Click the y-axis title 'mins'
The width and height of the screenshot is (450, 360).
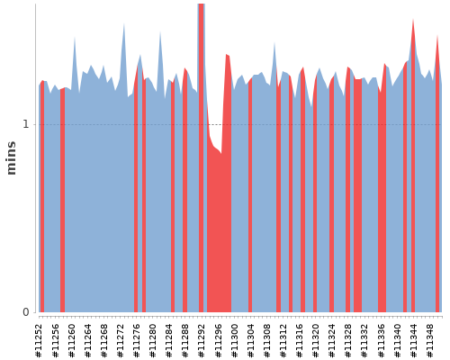tap(11, 157)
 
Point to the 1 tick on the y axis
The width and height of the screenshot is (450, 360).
tap(26, 124)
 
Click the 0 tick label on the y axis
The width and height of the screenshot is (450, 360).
tap(26, 312)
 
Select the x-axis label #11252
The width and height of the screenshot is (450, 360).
tap(39, 341)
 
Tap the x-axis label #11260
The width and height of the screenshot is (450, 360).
tap(71, 341)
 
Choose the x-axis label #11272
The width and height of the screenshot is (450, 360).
tap(121, 341)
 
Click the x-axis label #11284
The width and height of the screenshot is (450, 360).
tap(169, 341)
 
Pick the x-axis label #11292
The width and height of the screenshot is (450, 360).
tap(202, 341)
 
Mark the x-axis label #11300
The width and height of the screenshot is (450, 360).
tap(234, 341)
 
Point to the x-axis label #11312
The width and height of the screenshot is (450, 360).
tap(283, 341)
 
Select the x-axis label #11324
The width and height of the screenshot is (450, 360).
tap(332, 341)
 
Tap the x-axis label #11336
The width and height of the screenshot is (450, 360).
tap(381, 341)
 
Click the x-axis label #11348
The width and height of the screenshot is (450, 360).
tap(429, 341)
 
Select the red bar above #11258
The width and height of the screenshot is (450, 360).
tap(62, 201)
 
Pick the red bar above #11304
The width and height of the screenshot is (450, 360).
tap(250, 195)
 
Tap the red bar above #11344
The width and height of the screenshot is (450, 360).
tap(413, 168)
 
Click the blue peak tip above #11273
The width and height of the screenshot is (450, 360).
tap(124, 23)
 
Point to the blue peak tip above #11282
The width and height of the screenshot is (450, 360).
tap(160, 31)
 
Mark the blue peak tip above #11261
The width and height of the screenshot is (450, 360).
tap(75, 37)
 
